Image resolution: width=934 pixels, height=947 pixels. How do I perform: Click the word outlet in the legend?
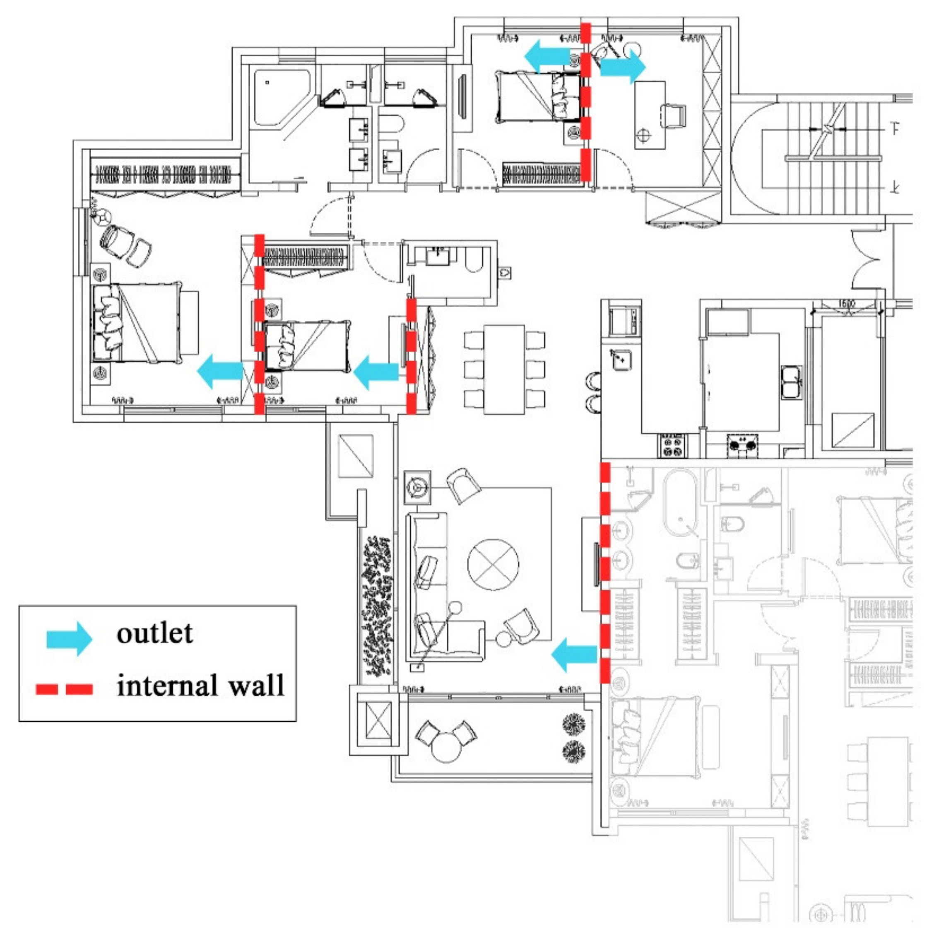click(x=154, y=633)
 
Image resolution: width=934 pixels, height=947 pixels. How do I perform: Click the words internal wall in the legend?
click(x=200, y=685)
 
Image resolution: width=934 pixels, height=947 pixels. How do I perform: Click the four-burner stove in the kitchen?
click(x=671, y=445)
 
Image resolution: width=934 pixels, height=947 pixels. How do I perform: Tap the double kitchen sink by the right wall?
click(x=791, y=382)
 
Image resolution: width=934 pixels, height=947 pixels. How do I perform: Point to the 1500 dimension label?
click(x=846, y=304)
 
